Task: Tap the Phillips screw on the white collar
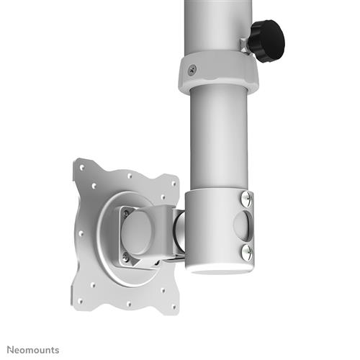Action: click(191, 69)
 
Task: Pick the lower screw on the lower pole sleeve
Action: click(247, 251)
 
